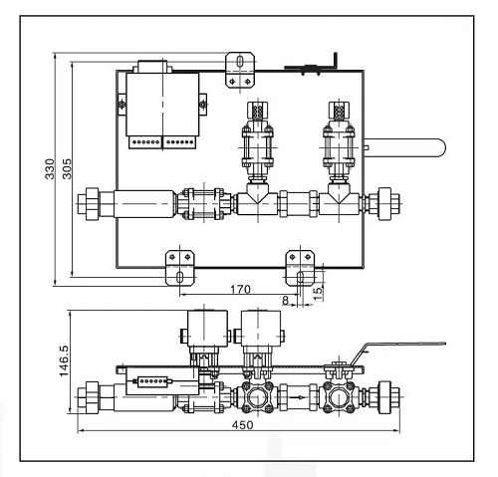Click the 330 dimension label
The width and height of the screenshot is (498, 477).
(x=50, y=168)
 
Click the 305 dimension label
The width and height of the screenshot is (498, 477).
(x=67, y=168)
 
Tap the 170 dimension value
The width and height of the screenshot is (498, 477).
(x=240, y=290)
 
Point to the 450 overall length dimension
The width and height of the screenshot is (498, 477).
(x=242, y=425)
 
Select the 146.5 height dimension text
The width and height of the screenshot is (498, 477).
(x=64, y=361)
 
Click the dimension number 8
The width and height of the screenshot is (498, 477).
(x=285, y=301)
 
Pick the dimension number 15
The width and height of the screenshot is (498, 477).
(x=318, y=294)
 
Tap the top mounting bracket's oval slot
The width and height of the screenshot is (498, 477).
(x=240, y=62)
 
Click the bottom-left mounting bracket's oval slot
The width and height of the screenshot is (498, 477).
(x=180, y=277)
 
